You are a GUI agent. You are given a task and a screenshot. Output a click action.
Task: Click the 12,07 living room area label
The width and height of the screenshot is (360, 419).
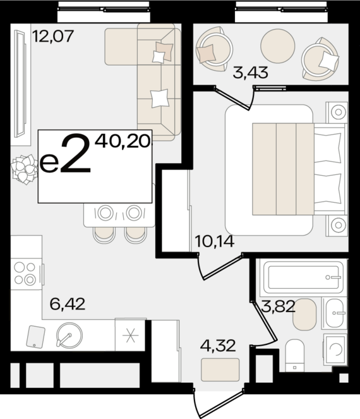(x=53, y=36)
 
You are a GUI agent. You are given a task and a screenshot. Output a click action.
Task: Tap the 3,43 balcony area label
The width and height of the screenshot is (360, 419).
(x=250, y=73)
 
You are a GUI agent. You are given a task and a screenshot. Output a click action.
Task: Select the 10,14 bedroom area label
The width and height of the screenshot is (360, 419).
(x=215, y=241)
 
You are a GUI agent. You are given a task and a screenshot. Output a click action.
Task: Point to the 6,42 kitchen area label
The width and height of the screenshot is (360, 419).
(x=68, y=304)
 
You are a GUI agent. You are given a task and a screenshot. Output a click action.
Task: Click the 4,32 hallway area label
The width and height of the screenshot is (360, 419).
(x=218, y=346)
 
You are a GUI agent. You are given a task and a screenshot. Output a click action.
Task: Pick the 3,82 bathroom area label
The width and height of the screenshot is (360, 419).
(x=278, y=307)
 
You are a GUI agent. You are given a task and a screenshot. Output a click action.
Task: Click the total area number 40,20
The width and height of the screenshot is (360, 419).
(x=123, y=141)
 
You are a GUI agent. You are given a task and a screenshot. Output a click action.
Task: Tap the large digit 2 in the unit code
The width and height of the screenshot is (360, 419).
(x=76, y=154)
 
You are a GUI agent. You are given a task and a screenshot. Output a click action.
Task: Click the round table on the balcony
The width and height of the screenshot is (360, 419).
(x=278, y=46)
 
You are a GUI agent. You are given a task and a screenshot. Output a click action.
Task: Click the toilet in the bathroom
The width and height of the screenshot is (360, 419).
(x=295, y=356)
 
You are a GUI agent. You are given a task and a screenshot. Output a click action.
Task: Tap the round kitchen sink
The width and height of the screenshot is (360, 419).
(x=69, y=336)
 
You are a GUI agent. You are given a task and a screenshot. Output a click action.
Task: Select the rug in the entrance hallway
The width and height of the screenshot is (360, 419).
(x=220, y=370)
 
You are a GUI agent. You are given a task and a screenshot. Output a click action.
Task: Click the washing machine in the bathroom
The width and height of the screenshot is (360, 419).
(x=335, y=349)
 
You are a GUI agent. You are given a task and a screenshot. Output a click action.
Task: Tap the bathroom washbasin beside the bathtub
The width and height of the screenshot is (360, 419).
(x=335, y=313)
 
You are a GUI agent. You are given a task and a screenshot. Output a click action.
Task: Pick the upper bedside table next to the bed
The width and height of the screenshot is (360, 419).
(x=337, y=112)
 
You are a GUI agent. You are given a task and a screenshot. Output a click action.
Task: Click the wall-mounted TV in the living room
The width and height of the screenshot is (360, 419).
(x=20, y=83)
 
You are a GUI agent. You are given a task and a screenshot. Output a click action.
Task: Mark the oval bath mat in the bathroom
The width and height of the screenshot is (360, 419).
(x=304, y=314)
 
